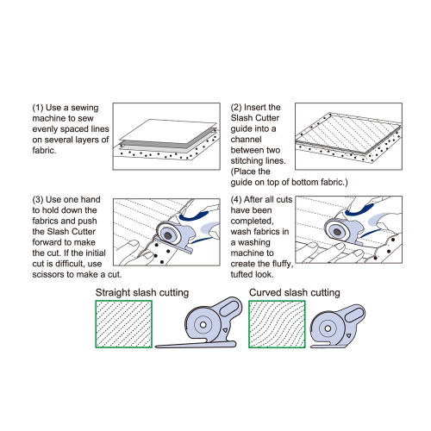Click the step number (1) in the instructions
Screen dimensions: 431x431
38,108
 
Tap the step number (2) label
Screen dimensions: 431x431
236,108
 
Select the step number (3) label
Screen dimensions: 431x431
38,200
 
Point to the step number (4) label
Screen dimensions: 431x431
236,200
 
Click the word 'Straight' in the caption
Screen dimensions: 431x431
113,293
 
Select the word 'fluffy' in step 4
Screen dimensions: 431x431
281,264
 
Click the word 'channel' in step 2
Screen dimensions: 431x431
246,140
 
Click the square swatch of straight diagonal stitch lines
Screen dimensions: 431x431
124,324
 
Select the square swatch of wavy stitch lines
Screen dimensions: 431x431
277,324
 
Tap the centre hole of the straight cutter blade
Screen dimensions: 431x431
203,325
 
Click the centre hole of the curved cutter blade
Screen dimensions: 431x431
328,328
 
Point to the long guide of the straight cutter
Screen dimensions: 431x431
196,345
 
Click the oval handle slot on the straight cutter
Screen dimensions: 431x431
229,308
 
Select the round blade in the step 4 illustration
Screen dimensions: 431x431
337,231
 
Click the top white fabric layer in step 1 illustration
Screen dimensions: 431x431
168,131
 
